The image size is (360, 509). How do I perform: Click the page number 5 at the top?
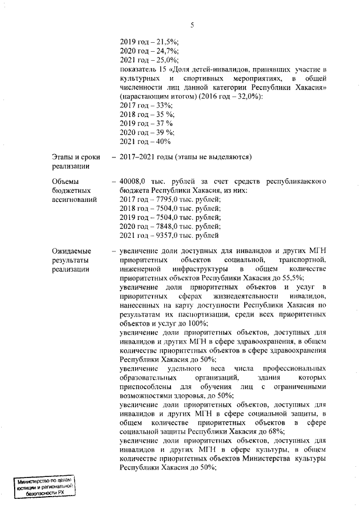192,25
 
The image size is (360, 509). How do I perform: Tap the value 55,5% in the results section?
292,278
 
